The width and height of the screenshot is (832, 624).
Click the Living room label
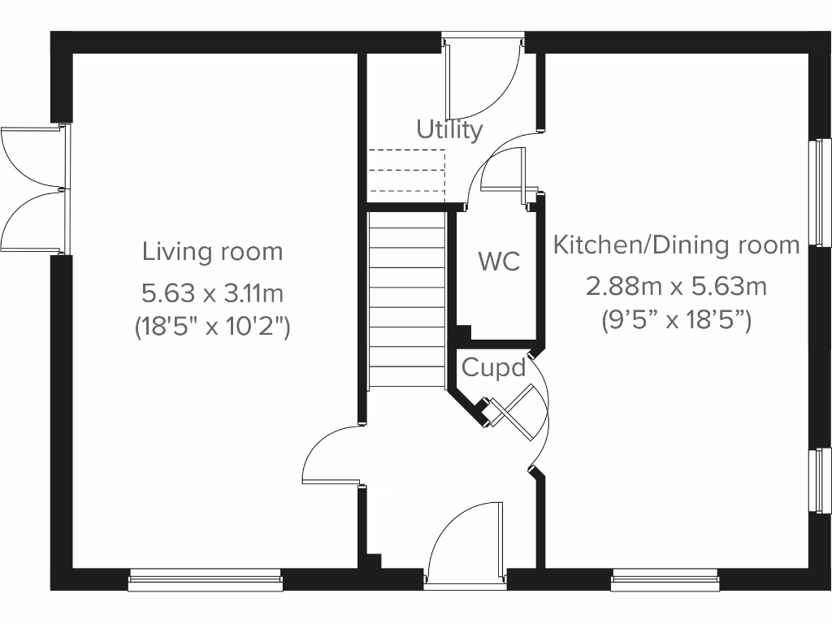coord(213,252)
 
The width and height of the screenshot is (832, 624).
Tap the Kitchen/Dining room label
coord(676,245)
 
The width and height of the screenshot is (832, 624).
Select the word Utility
coord(449,129)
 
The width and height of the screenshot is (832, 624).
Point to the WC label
coord(498,262)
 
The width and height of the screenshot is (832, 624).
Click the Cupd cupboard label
coord(494,368)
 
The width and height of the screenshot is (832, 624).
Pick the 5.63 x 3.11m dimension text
coord(213,291)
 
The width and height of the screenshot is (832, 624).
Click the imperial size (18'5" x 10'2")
coord(213,327)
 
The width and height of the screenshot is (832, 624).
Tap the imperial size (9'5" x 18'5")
coord(676,320)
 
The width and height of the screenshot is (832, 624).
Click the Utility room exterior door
coord(483,81)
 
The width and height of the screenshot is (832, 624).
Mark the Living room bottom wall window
coord(206,578)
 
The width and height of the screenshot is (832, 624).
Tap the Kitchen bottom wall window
coord(665,578)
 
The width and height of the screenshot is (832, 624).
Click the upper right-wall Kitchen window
coord(821,193)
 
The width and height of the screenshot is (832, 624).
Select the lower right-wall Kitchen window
coord(821,479)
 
